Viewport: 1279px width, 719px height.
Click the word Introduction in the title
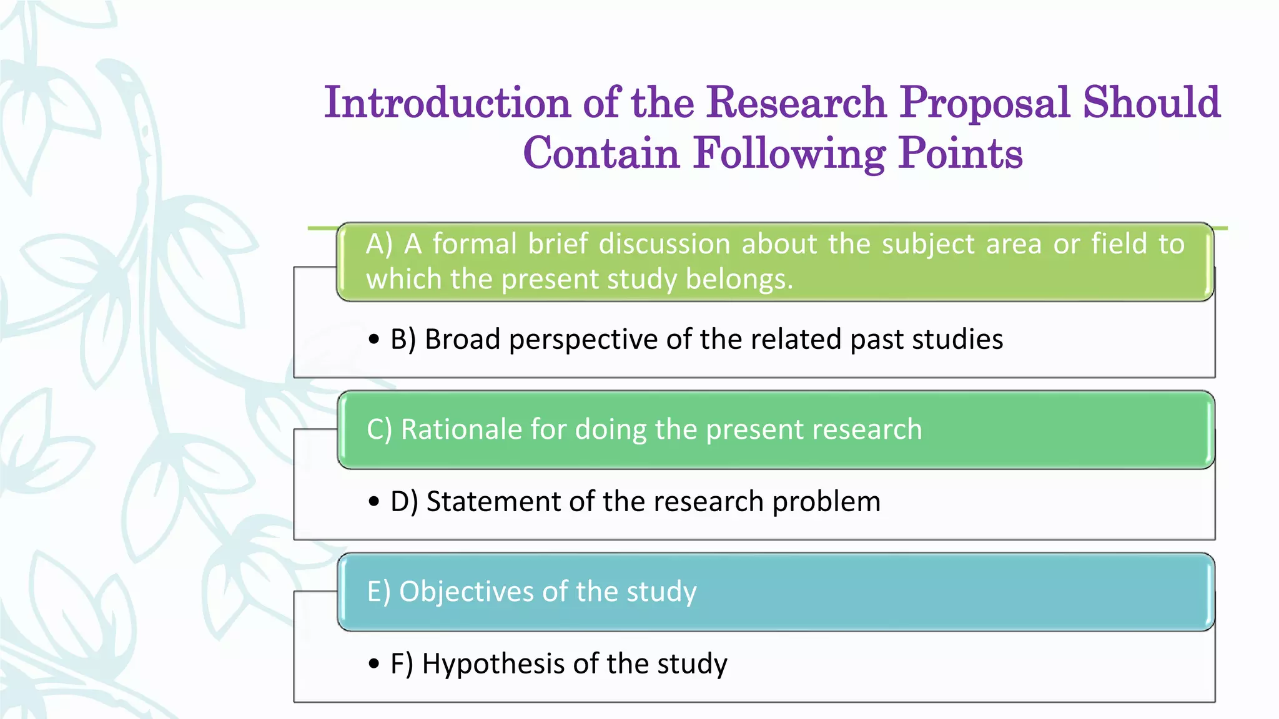coord(447,103)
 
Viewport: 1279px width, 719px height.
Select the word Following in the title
coord(789,154)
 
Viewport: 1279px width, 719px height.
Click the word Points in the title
coord(960,154)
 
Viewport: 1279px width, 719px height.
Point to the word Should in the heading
coord(1151,103)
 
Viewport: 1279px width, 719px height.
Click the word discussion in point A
coord(664,244)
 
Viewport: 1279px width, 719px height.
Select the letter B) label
coord(403,340)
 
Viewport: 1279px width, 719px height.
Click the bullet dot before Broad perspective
coord(374,340)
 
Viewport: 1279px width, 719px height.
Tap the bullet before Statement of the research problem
coord(374,502)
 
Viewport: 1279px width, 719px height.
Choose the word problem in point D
coord(826,502)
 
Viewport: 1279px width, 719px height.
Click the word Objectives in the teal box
coord(465,592)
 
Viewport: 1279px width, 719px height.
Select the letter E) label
coord(378,592)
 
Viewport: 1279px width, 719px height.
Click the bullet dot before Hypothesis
coord(374,663)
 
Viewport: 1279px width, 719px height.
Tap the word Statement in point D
coord(493,502)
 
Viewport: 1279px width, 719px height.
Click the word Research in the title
coord(796,103)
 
